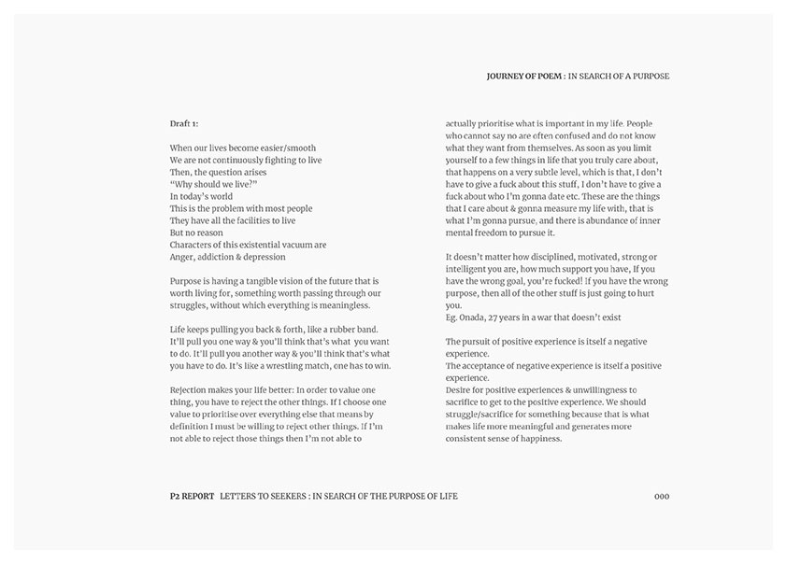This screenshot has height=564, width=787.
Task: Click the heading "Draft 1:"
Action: pyautogui.click(x=184, y=123)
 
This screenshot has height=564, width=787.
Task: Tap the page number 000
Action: pyautogui.click(x=662, y=496)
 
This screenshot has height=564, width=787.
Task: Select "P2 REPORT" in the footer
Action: pyautogui.click(x=186, y=496)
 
